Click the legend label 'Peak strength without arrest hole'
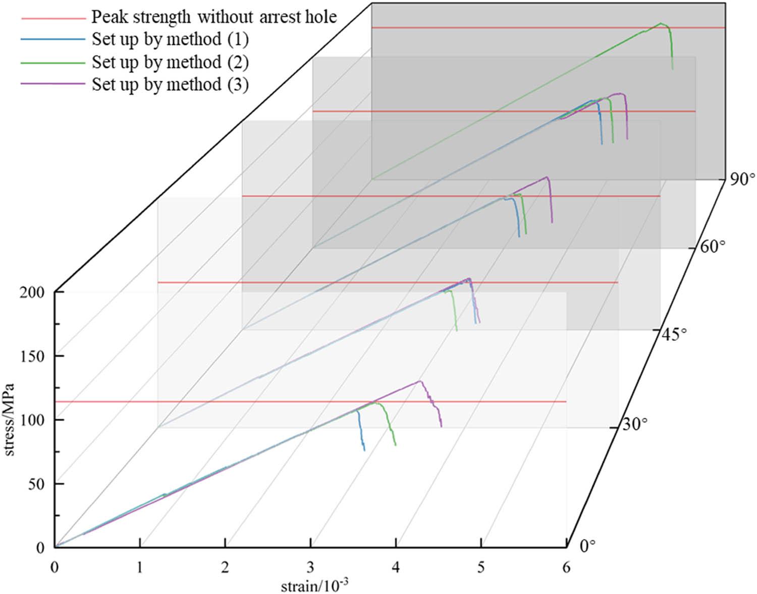(214, 17)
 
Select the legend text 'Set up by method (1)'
(170, 39)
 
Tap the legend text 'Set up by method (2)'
(170, 62)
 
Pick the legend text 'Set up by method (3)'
(170, 84)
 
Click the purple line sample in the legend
(52, 84)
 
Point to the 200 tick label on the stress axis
(33, 292)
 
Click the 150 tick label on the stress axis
(33, 356)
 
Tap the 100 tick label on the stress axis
(33, 420)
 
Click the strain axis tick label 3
(310, 568)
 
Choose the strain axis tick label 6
(566, 568)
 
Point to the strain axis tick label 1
(140, 568)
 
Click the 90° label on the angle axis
(741, 180)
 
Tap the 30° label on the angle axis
(634, 425)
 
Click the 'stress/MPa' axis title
(10, 420)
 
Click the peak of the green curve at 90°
(660, 23)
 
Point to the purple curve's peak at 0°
(420, 381)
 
